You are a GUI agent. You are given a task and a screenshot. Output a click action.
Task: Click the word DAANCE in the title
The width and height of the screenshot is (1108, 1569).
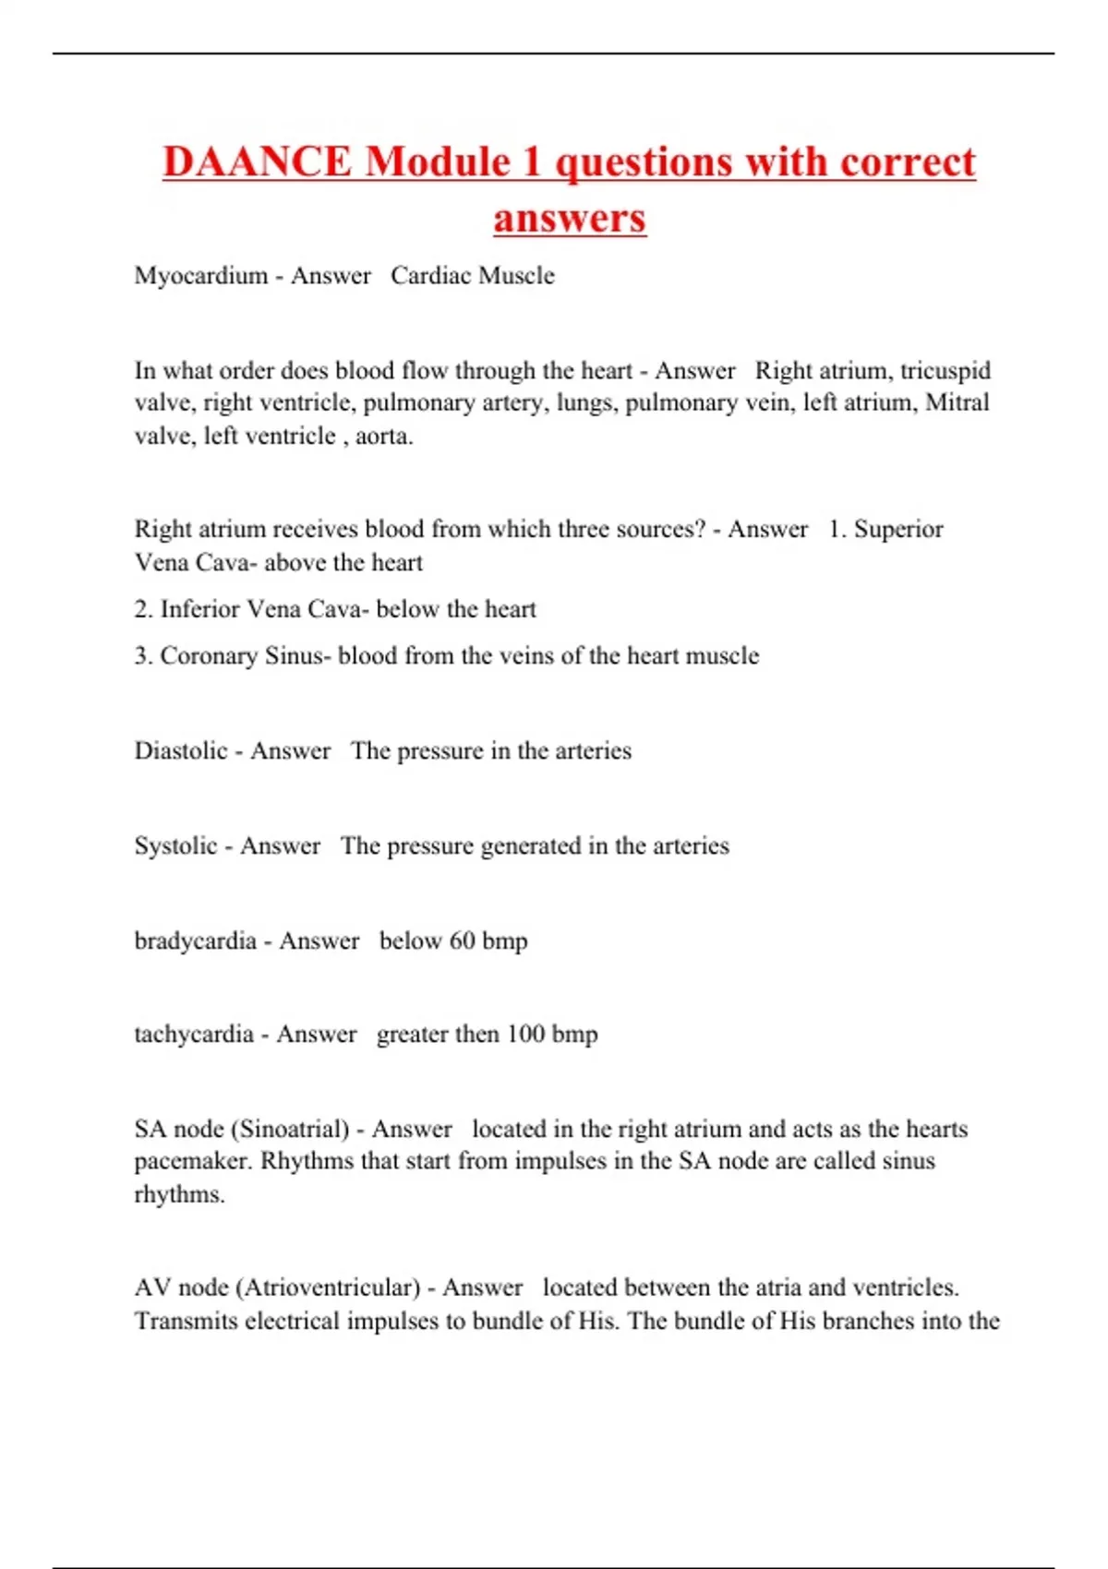(257, 162)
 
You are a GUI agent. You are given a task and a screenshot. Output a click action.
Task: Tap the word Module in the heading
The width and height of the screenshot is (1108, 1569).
(438, 162)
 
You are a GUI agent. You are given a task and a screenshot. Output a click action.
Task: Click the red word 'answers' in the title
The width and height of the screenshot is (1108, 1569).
(569, 219)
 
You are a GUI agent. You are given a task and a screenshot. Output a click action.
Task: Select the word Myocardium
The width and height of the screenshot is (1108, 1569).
(200, 276)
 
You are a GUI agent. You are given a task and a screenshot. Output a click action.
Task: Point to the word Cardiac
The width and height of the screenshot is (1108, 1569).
(430, 276)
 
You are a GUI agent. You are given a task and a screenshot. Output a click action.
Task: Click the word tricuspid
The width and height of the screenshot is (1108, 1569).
(945, 371)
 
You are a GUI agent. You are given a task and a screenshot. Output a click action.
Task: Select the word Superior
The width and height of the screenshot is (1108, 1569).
(897, 530)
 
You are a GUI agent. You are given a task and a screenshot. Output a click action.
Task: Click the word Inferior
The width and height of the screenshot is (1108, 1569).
(199, 609)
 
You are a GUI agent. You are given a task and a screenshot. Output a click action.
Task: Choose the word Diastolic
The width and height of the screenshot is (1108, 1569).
(181, 751)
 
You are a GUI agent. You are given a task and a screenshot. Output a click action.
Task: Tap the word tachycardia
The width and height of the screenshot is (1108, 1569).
(194, 1035)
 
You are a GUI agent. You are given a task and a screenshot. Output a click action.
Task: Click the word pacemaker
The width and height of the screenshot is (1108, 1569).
(193, 1162)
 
